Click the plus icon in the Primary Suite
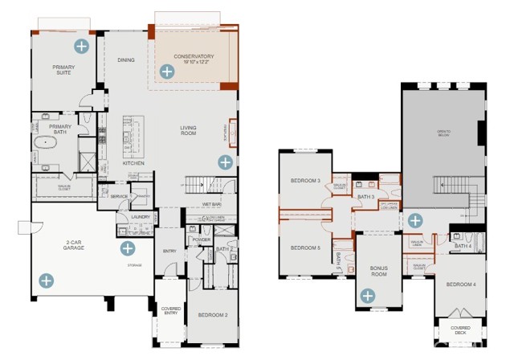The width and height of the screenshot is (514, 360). (x=80, y=44)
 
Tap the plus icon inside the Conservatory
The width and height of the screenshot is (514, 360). (x=166, y=72)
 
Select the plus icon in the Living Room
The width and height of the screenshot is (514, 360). (x=225, y=162)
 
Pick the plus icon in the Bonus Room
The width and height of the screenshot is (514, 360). (x=367, y=296)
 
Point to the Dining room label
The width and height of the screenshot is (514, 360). (x=126, y=59)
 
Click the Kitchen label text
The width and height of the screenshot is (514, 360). (x=133, y=163)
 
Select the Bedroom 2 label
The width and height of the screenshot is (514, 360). (x=214, y=315)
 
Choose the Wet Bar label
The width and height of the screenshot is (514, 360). (x=211, y=204)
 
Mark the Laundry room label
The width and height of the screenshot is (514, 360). (x=141, y=217)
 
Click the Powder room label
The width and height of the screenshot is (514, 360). (x=202, y=239)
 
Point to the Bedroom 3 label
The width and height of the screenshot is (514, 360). (x=306, y=181)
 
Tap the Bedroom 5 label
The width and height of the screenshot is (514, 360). (x=306, y=247)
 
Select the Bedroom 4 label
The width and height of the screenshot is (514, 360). (x=461, y=284)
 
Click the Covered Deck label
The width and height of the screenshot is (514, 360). (x=461, y=330)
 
